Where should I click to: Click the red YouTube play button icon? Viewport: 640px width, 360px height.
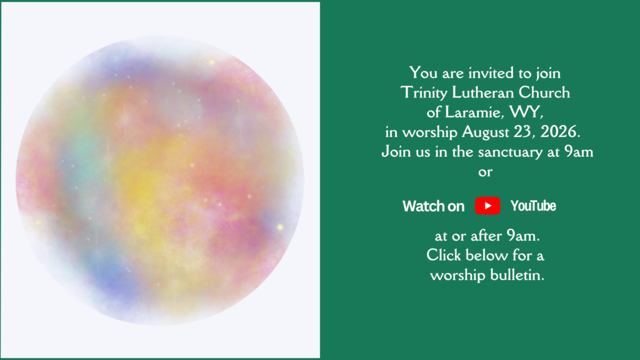coord(487,206)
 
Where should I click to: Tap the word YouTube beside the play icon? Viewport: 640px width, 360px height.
coord(533,206)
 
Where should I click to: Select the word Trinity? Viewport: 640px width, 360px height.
coord(424,93)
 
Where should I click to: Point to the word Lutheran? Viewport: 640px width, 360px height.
coord(483,92)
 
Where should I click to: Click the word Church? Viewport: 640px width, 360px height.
coord(544,92)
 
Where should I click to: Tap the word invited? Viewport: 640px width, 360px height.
coord(491,73)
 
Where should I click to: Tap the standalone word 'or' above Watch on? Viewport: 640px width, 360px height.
coord(485,172)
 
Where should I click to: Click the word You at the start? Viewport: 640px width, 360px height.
coord(424,73)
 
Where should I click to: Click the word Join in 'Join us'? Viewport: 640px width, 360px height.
coord(396,152)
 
